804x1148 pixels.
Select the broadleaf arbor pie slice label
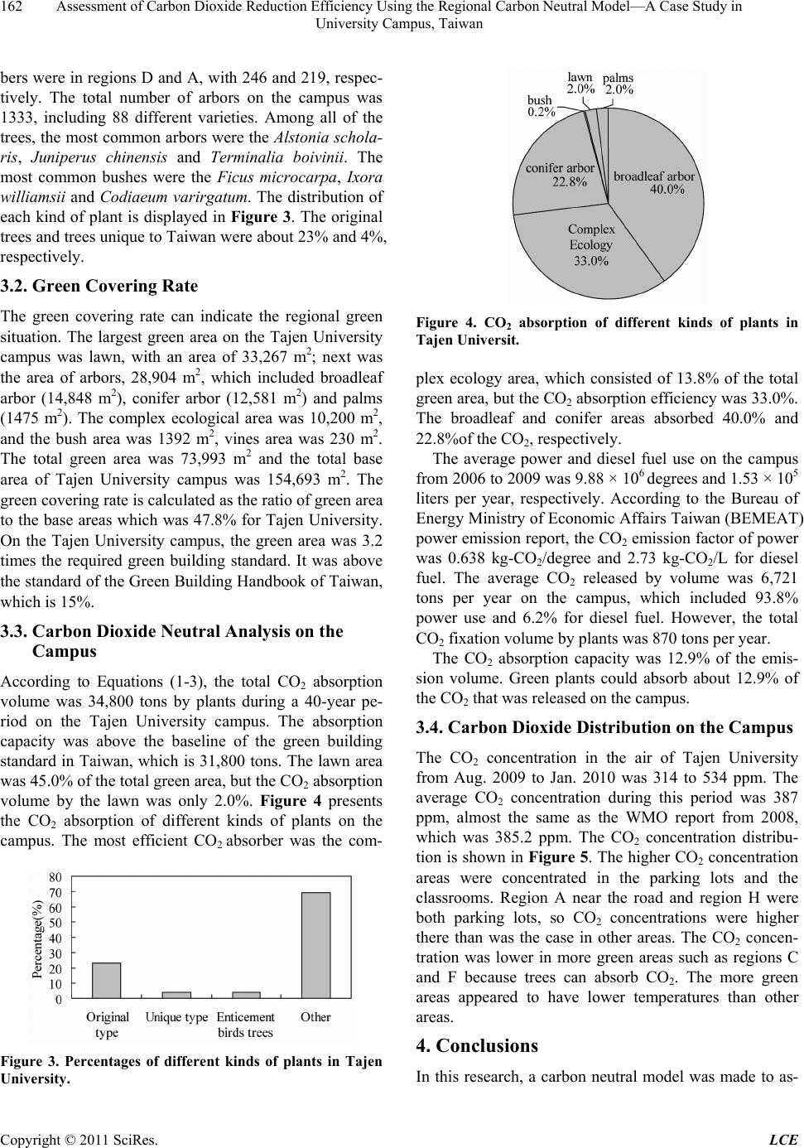point(653,176)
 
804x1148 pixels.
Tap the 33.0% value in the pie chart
point(590,262)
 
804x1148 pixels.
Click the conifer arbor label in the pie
point(561,168)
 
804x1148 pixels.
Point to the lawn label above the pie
point(580,76)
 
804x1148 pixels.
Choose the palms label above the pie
point(619,77)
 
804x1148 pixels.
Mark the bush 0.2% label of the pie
point(541,106)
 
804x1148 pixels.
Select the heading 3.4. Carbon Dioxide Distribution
point(604,728)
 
